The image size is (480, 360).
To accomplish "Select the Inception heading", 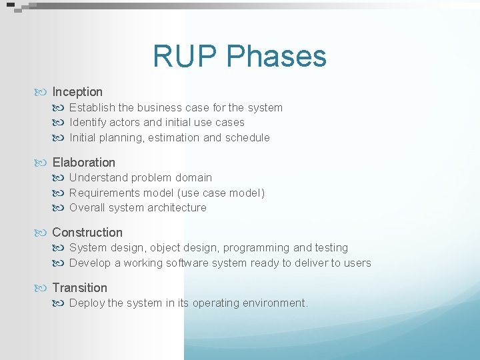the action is tap(77, 92).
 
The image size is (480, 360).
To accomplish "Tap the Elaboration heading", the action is tap(83, 162).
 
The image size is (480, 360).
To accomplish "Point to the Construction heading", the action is tap(87, 232).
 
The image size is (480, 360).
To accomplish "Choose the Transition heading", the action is tap(79, 287).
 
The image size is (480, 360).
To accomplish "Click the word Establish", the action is tap(92, 107).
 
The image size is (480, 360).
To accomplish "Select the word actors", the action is tap(125, 122).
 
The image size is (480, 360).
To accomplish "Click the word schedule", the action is tap(247, 137).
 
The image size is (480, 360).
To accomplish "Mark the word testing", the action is tap(332, 247).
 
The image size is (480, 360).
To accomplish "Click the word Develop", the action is tap(90, 263).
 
